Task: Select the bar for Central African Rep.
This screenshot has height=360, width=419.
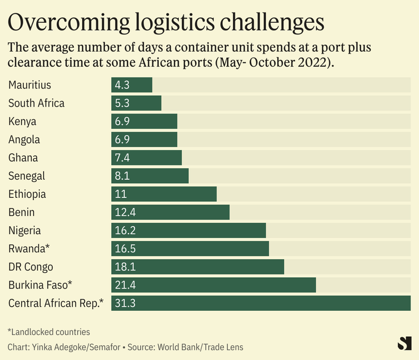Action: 261,303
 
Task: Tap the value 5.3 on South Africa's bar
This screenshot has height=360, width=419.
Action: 122,103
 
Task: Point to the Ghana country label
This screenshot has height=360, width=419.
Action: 24,158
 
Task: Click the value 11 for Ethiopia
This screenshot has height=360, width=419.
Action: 120,194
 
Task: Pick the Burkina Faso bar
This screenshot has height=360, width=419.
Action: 213,285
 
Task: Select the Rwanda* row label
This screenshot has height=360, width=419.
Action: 28,248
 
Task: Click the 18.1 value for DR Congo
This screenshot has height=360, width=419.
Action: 125,266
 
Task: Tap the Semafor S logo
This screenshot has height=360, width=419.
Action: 404,343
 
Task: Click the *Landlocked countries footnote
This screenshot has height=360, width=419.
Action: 49,332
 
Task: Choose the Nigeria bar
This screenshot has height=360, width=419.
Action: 188,230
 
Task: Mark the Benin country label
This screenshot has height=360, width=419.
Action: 22,212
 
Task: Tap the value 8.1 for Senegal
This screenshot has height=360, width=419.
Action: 122,176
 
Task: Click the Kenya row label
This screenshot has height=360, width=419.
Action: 22,121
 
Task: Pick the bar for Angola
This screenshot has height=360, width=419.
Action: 144,139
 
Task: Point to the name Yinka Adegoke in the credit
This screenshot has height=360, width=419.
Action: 60,346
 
